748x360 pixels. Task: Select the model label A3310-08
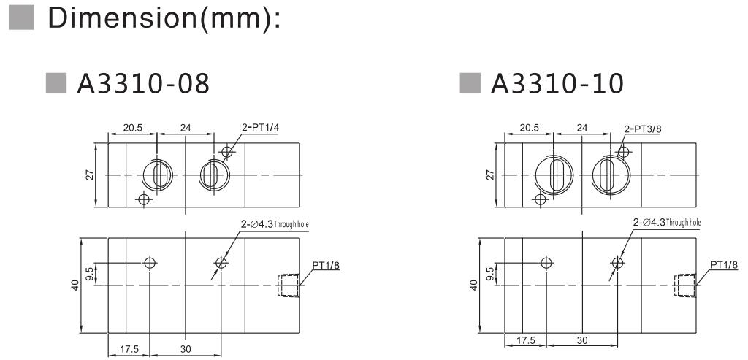pyautogui.click(x=143, y=85)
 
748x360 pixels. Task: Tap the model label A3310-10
pyautogui.click(x=557, y=85)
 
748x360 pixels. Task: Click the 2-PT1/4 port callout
pyautogui.click(x=261, y=128)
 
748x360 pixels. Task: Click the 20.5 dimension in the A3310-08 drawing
pyautogui.click(x=133, y=128)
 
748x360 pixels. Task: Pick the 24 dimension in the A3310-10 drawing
pyautogui.click(x=581, y=128)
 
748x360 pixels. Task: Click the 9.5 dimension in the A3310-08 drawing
pyautogui.click(x=90, y=274)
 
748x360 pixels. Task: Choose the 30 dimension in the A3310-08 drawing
pyautogui.click(x=186, y=350)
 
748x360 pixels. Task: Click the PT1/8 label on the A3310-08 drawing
pyautogui.click(x=327, y=265)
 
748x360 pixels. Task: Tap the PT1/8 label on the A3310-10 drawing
pyautogui.click(x=724, y=265)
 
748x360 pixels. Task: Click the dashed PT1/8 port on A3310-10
pyautogui.click(x=684, y=286)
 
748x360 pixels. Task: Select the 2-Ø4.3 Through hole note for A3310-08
pyautogui.click(x=276, y=224)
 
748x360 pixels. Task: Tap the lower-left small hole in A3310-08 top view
pyautogui.click(x=144, y=199)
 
